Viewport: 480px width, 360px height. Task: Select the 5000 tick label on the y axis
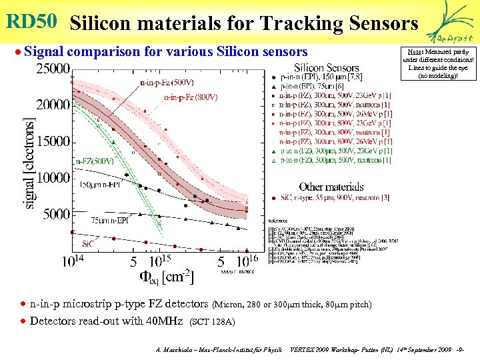point(56,214)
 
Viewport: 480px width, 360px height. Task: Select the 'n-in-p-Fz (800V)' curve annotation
point(191,97)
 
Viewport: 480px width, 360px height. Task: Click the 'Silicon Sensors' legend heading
point(327,67)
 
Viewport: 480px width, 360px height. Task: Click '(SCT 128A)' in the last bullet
point(213,322)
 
